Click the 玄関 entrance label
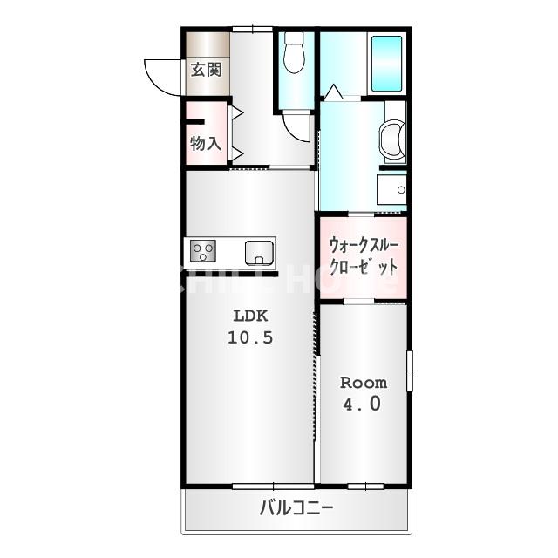coord(206,70)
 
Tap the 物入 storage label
coord(206,143)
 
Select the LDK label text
coord(250,316)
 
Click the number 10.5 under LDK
coord(250,337)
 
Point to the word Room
coord(364,383)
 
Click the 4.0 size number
coord(362,404)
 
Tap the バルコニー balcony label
coord(296,507)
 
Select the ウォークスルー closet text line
coord(364,245)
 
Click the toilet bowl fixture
coord(295,53)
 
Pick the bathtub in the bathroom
coord(386,64)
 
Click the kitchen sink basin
coord(260,253)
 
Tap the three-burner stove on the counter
coord(203,251)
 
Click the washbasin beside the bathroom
coord(392,139)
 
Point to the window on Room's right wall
coord(410,371)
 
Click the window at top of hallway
coord(252,29)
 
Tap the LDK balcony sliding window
coord(273,487)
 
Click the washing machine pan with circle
coord(391,190)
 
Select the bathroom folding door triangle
coord(334,92)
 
